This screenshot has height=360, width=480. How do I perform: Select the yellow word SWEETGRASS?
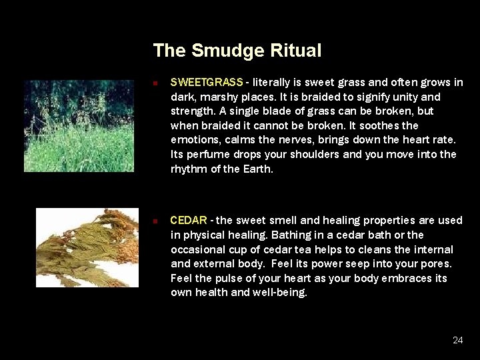point(207,83)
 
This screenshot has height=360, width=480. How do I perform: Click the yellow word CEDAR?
point(189,221)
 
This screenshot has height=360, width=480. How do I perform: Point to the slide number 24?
point(457,340)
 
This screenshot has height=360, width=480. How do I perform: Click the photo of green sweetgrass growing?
point(79,126)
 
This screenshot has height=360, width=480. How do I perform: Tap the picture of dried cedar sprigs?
point(87,247)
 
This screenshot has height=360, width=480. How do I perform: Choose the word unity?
point(407,97)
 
